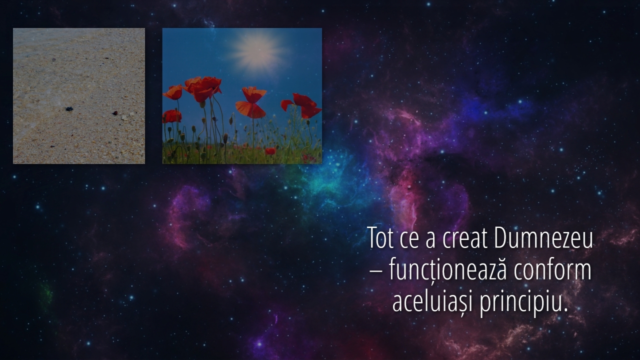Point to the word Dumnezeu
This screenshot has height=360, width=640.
(543, 237)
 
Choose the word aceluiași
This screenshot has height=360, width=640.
(433, 301)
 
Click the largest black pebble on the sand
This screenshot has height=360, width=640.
(69, 109)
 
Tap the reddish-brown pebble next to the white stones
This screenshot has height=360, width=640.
(115, 113)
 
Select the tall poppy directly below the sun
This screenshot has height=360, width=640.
(251, 102)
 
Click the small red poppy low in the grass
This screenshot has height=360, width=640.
(270, 151)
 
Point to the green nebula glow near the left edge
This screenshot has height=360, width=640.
(46, 294)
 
